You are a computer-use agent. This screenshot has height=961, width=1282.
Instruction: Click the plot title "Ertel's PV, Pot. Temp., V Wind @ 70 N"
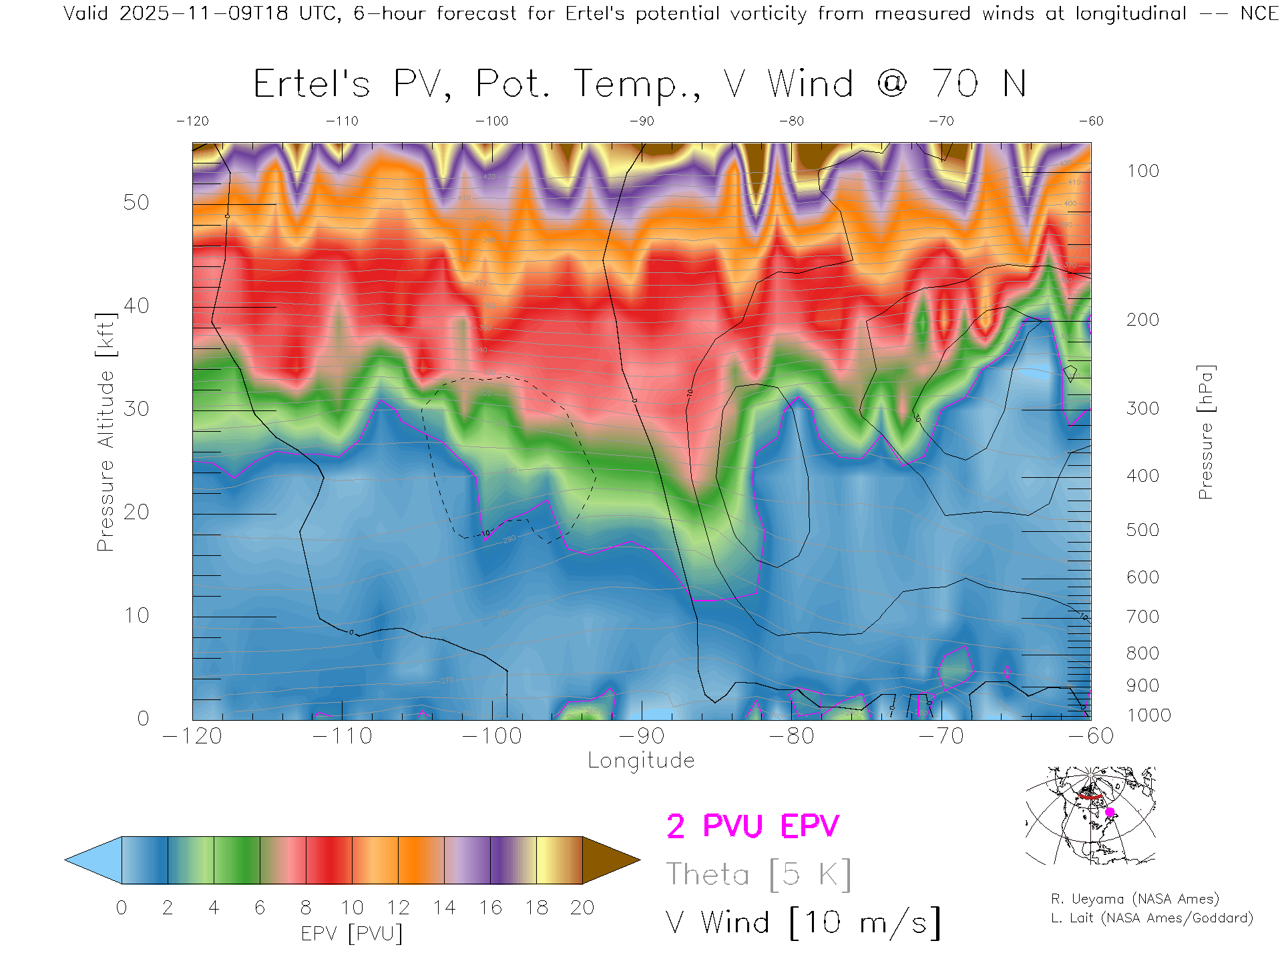point(640,85)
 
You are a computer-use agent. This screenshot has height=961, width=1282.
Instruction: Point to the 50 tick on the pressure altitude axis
point(136,202)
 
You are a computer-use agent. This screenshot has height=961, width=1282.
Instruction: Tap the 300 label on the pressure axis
point(1142,408)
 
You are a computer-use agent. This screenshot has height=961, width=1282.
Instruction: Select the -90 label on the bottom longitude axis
point(641,736)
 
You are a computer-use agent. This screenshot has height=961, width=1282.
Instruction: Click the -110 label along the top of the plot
point(342,121)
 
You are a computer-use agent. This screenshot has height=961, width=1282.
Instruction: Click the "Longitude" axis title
point(641,761)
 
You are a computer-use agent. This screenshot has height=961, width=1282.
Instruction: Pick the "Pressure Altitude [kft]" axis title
point(105,432)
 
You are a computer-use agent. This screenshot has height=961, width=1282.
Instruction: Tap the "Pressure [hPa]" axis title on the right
point(1205,432)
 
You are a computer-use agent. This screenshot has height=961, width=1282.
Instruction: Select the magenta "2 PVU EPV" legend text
point(753,826)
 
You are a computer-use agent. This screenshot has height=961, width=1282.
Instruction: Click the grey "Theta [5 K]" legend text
point(759,874)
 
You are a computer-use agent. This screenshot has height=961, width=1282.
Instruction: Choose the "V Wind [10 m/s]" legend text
point(803,923)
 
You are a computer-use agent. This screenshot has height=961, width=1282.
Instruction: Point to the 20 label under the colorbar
point(582,908)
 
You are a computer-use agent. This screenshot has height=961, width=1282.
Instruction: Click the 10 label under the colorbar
point(352,908)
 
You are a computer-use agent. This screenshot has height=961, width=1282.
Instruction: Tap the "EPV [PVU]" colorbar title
point(352,934)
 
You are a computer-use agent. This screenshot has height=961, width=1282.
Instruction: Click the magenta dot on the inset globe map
point(1110,812)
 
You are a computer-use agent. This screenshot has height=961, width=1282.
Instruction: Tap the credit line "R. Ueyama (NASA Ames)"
point(1134,899)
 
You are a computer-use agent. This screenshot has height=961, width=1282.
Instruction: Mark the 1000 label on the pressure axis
point(1148,715)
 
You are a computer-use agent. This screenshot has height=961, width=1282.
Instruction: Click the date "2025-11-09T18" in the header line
point(203,13)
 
